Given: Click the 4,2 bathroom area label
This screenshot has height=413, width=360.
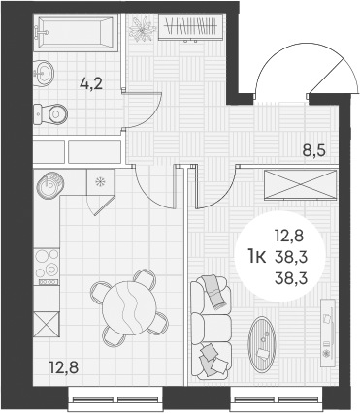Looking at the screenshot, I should tap(92, 83).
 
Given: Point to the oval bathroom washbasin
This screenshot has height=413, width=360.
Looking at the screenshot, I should tap(43, 71).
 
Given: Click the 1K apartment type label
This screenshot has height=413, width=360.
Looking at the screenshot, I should tap(258, 256).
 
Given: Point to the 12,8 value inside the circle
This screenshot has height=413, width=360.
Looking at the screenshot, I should tap(287, 236).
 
